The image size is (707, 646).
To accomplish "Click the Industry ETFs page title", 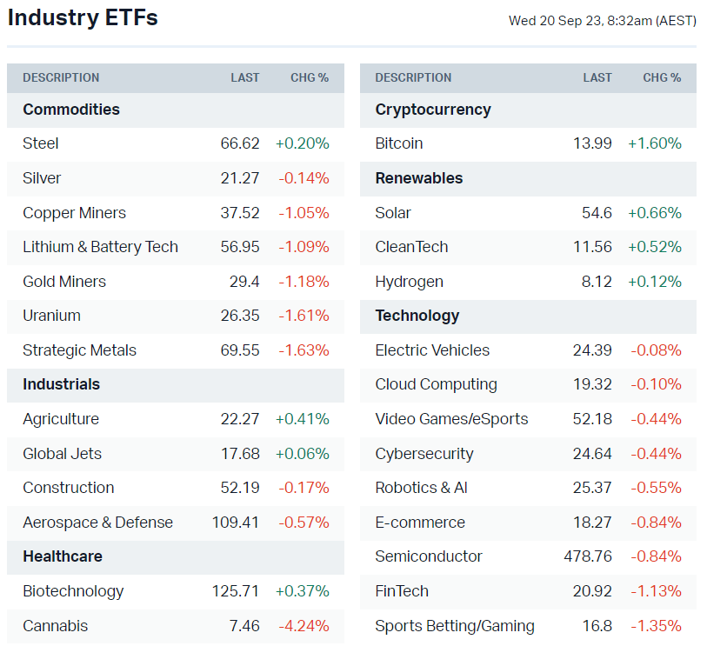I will click(83, 17).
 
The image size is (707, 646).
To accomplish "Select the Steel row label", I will click(41, 143).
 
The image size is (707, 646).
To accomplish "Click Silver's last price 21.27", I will click(240, 178).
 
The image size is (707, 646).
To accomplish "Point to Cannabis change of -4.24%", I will click(303, 626).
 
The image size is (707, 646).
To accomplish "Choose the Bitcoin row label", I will click(399, 143).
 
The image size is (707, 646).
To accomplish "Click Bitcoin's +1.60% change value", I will click(655, 143).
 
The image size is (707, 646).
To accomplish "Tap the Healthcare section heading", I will click(63, 556).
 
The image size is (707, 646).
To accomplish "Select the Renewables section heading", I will click(419, 178).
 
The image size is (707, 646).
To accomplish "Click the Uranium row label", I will click(51, 316).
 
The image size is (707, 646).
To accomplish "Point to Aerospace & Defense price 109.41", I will click(236, 523).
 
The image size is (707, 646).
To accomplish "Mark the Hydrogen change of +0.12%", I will click(655, 282).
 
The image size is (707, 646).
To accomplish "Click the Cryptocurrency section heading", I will click(433, 110).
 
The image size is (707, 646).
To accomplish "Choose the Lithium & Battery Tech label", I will click(100, 247).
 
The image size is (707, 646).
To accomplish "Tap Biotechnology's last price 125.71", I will click(236, 591).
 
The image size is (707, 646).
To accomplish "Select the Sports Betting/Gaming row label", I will click(455, 626).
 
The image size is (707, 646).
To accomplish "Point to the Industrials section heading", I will click(61, 384).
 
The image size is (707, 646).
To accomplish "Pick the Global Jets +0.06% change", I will click(303, 454).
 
